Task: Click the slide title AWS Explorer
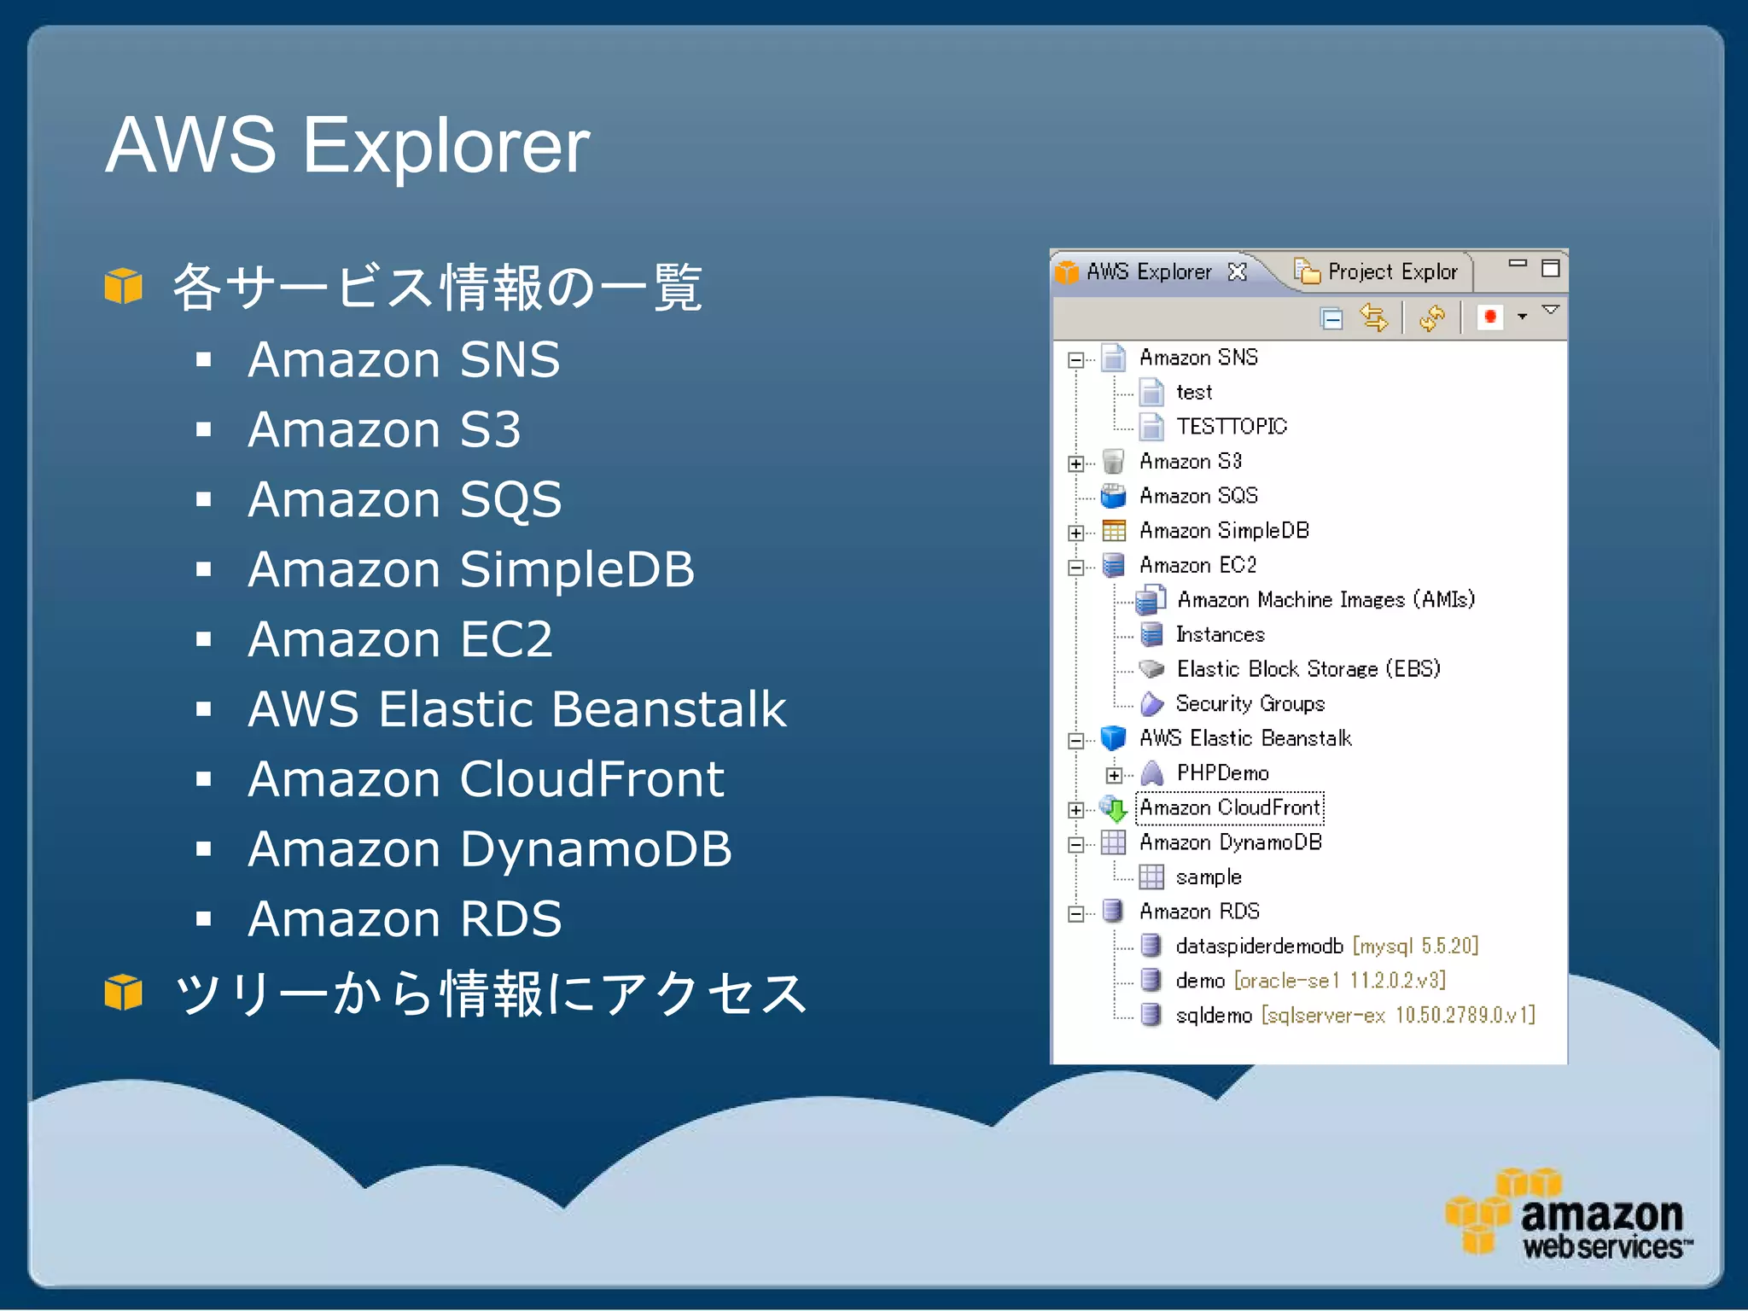(347, 145)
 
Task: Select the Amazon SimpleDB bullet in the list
(470, 569)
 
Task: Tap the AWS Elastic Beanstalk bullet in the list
(516, 709)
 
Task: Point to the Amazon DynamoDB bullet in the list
(489, 849)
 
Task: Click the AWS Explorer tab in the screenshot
(1148, 272)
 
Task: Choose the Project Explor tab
(1391, 272)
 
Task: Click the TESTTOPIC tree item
(1231, 426)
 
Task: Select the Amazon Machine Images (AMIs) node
(1325, 600)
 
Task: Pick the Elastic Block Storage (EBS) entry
(1308, 669)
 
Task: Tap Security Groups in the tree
(1250, 704)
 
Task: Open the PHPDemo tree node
(1222, 773)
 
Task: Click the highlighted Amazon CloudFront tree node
(1230, 807)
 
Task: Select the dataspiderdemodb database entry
(1259, 947)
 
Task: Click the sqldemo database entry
(1214, 1016)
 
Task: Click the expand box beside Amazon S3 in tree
(1075, 463)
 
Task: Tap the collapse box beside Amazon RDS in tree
(1075, 914)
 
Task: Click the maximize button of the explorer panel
(1550, 268)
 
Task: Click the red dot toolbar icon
(1490, 318)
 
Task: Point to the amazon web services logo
(1569, 1215)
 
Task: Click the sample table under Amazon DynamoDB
(1208, 877)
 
